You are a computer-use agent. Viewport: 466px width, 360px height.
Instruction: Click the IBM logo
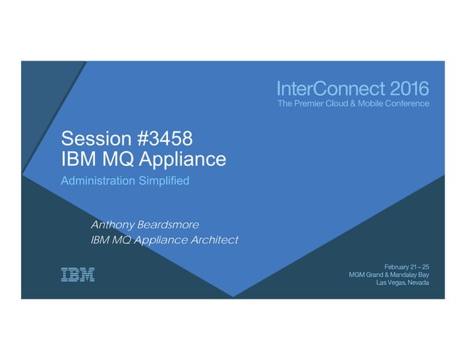(x=77, y=275)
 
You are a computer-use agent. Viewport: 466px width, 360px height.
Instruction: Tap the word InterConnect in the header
(x=322, y=90)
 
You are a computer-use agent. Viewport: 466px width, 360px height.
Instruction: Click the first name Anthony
(x=113, y=223)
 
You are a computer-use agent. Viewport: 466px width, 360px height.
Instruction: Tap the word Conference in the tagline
(x=405, y=104)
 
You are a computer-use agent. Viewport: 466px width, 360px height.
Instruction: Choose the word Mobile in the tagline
(x=366, y=104)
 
